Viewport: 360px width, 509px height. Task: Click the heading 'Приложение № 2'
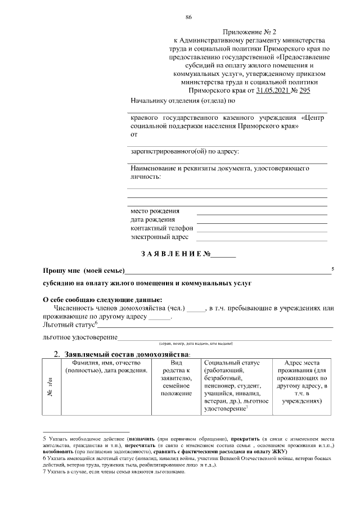tap(247, 33)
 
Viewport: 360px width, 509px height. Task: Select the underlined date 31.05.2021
tap(272, 89)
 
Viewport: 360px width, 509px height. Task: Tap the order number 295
tap(304, 89)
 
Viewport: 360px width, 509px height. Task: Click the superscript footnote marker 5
tap(333, 269)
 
